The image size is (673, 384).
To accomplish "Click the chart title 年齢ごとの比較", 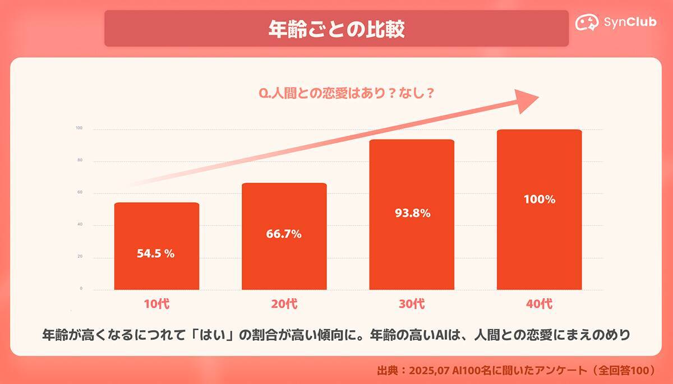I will coord(336,28).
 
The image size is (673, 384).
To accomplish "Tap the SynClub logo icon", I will coord(587,22).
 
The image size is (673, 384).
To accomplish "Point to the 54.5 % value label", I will coord(156,253).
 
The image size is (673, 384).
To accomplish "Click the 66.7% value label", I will coord(284,234).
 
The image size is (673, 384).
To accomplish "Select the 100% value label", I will coord(539,199).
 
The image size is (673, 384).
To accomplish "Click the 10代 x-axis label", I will coord(156,304).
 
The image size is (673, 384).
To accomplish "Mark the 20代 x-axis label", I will coord(284,304).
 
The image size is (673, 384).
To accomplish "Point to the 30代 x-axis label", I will coord(411,304).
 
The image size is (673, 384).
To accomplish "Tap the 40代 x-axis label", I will coord(539,304).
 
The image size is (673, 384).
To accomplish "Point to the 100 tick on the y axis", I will coord(79,128).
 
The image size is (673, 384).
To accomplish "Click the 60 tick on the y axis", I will coord(80,192).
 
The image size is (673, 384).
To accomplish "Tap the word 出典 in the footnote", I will coord(388,371).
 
